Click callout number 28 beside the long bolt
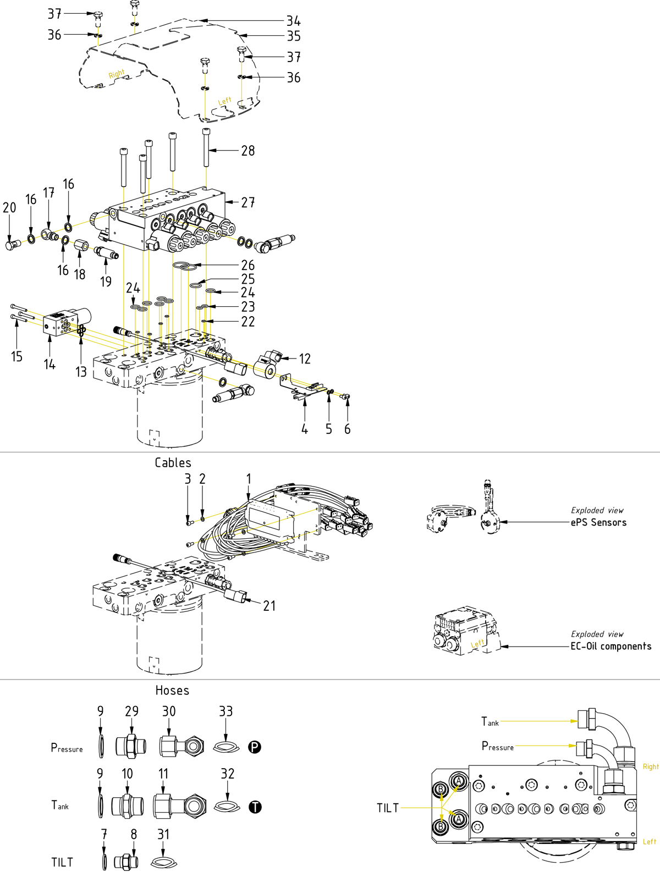pyautogui.click(x=248, y=151)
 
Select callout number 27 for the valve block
pyautogui.click(x=248, y=202)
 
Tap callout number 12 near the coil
pyautogui.click(x=305, y=359)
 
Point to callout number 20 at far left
pyautogui.click(x=9, y=208)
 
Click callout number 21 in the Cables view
pyautogui.click(x=269, y=606)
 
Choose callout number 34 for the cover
pyautogui.click(x=294, y=21)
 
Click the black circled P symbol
pyautogui.click(x=255, y=747)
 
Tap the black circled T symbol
pyautogui.click(x=255, y=807)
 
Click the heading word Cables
pyautogui.click(x=173, y=463)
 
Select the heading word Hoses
pyautogui.click(x=172, y=691)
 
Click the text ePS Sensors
pyautogui.click(x=598, y=522)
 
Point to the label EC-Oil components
pyautogui.click(x=610, y=646)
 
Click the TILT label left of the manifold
pyautogui.click(x=388, y=808)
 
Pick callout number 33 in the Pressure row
pyautogui.click(x=226, y=711)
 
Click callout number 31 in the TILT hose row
pyautogui.click(x=163, y=835)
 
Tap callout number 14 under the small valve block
pyautogui.click(x=50, y=364)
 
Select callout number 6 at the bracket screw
pyautogui.click(x=347, y=429)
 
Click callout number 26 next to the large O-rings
pyautogui.click(x=248, y=265)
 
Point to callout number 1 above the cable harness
pyautogui.click(x=249, y=479)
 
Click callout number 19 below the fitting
pyautogui.click(x=106, y=282)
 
